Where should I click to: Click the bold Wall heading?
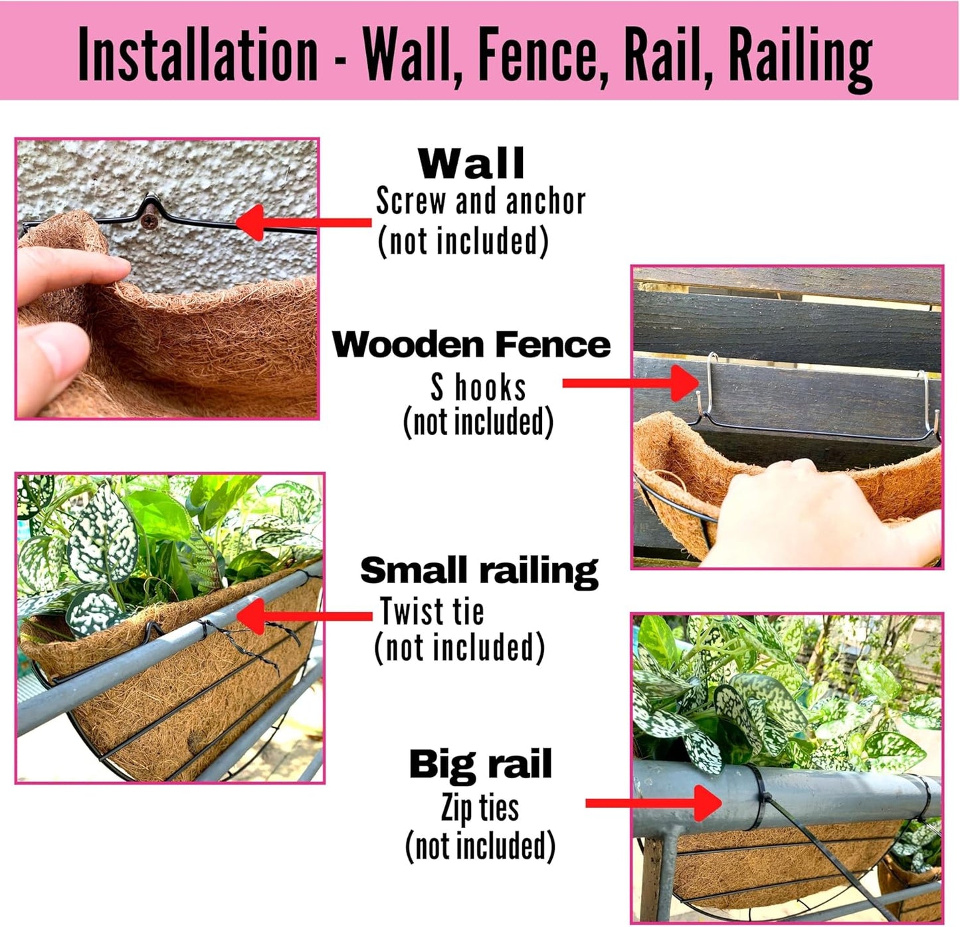(x=471, y=163)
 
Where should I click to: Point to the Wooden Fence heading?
(x=471, y=345)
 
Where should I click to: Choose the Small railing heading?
(x=479, y=571)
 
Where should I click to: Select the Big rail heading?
(x=480, y=764)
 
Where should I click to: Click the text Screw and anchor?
(x=480, y=201)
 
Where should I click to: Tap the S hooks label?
(x=478, y=387)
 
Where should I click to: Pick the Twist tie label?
(x=432, y=612)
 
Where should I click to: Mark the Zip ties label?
(x=480, y=808)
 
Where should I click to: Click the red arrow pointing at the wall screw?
(x=302, y=222)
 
